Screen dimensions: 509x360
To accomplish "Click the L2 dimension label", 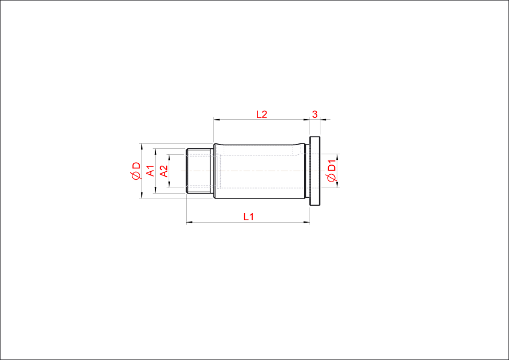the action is point(261,114).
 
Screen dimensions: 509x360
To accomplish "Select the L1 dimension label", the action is point(248,217).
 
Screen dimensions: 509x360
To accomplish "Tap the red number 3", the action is point(314,114).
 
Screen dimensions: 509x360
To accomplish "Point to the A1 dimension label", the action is point(151,171).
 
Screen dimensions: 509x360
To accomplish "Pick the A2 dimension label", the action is point(164,171).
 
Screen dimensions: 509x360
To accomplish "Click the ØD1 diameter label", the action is point(331,171).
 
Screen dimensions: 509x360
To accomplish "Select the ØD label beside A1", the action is point(137,171).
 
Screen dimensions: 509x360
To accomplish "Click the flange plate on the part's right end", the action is point(314,171).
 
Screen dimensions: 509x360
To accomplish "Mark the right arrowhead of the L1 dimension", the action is point(306,223).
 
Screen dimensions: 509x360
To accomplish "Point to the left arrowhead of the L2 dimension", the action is point(217,120).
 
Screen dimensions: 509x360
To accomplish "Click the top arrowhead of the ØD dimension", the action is point(141,147).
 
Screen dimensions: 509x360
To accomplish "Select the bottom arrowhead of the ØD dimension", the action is point(141,195).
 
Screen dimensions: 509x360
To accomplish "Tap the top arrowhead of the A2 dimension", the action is point(169,157).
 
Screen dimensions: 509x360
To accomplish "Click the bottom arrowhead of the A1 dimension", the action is point(155,190).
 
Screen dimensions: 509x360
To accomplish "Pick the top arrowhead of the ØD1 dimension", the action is point(337,157).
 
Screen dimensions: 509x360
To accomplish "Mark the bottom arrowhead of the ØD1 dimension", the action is point(337,185).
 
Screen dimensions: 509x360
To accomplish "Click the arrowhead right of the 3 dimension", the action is point(323,120).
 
